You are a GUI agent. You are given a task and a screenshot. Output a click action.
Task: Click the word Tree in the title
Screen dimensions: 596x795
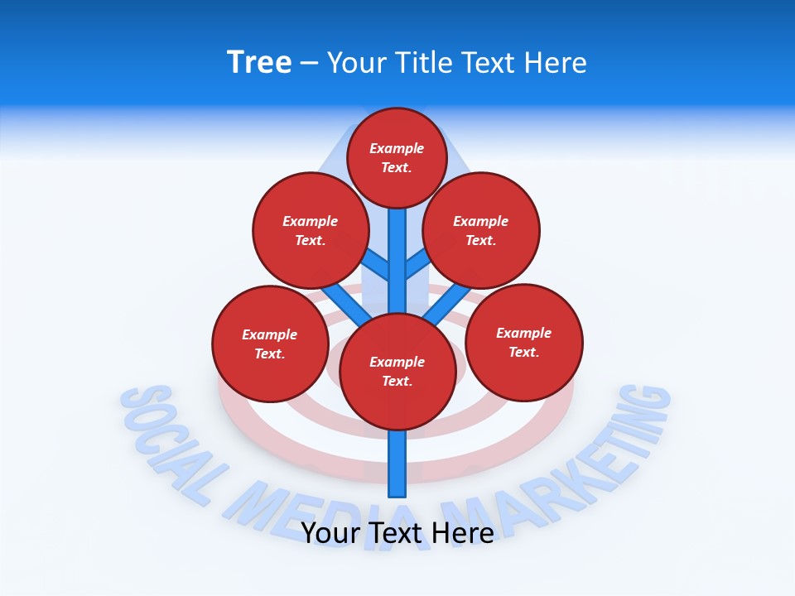coord(259,63)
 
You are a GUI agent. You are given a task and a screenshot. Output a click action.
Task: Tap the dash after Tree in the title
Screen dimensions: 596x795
coord(309,64)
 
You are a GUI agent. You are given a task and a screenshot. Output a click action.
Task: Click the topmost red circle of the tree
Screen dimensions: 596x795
coord(397,157)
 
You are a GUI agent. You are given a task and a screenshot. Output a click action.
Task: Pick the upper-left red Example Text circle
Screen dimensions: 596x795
coord(310,230)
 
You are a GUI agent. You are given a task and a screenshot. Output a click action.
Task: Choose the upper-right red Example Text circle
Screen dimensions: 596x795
coord(480,230)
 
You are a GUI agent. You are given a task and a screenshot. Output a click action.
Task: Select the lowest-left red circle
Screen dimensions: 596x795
coord(269,344)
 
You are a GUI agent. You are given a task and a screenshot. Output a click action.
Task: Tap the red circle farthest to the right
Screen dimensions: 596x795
coord(523,342)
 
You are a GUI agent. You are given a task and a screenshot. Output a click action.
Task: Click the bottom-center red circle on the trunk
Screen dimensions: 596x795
coord(397,371)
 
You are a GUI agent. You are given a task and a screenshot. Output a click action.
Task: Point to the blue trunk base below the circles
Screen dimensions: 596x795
coord(397,464)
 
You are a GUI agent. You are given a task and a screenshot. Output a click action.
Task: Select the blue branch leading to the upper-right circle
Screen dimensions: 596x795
coord(419,264)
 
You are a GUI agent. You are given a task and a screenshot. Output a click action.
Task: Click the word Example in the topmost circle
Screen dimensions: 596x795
coord(397,148)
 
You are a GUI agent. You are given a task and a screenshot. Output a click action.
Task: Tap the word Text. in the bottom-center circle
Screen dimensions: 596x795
coord(397,381)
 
